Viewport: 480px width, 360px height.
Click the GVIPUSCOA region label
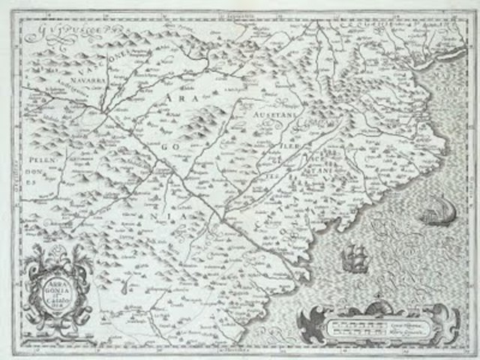click(x=60, y=32)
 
